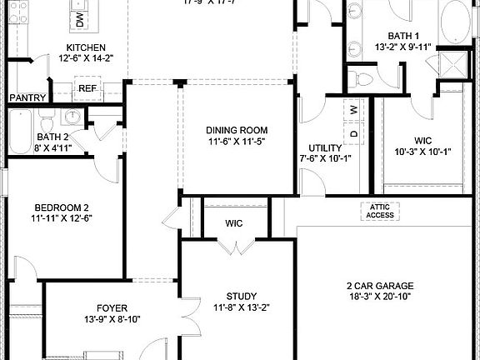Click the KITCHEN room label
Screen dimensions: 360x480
(x=85, y=47)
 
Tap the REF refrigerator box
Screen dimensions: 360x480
(x=87, y=88)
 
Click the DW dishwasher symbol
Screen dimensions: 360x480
(x=79, y=18)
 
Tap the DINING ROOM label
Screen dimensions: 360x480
(x=237, y=130)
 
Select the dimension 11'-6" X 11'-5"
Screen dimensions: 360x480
(x=237, y=142)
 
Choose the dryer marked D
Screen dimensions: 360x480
(x=353, y=132)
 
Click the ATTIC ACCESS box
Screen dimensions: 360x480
(x=379, y=212)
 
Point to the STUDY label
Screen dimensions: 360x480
(x=242, y=296)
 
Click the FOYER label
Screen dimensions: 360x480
(x=112, y=307)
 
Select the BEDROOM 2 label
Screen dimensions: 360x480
(x=62, y=207)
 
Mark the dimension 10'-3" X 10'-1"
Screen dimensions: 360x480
(x=422, y=152)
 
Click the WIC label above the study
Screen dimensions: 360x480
(x=234, y=223)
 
